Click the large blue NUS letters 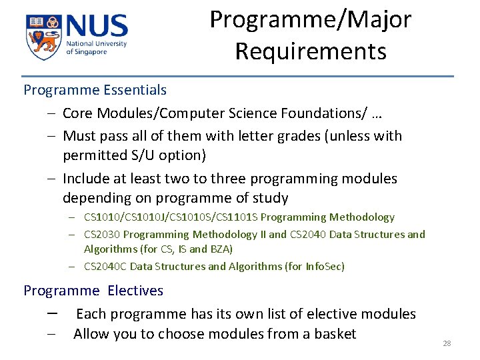(96, 27)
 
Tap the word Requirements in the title (311, 51)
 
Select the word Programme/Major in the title (311, 19)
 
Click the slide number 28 (447, 343)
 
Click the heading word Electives (135, 291)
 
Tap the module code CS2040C (105, 267)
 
